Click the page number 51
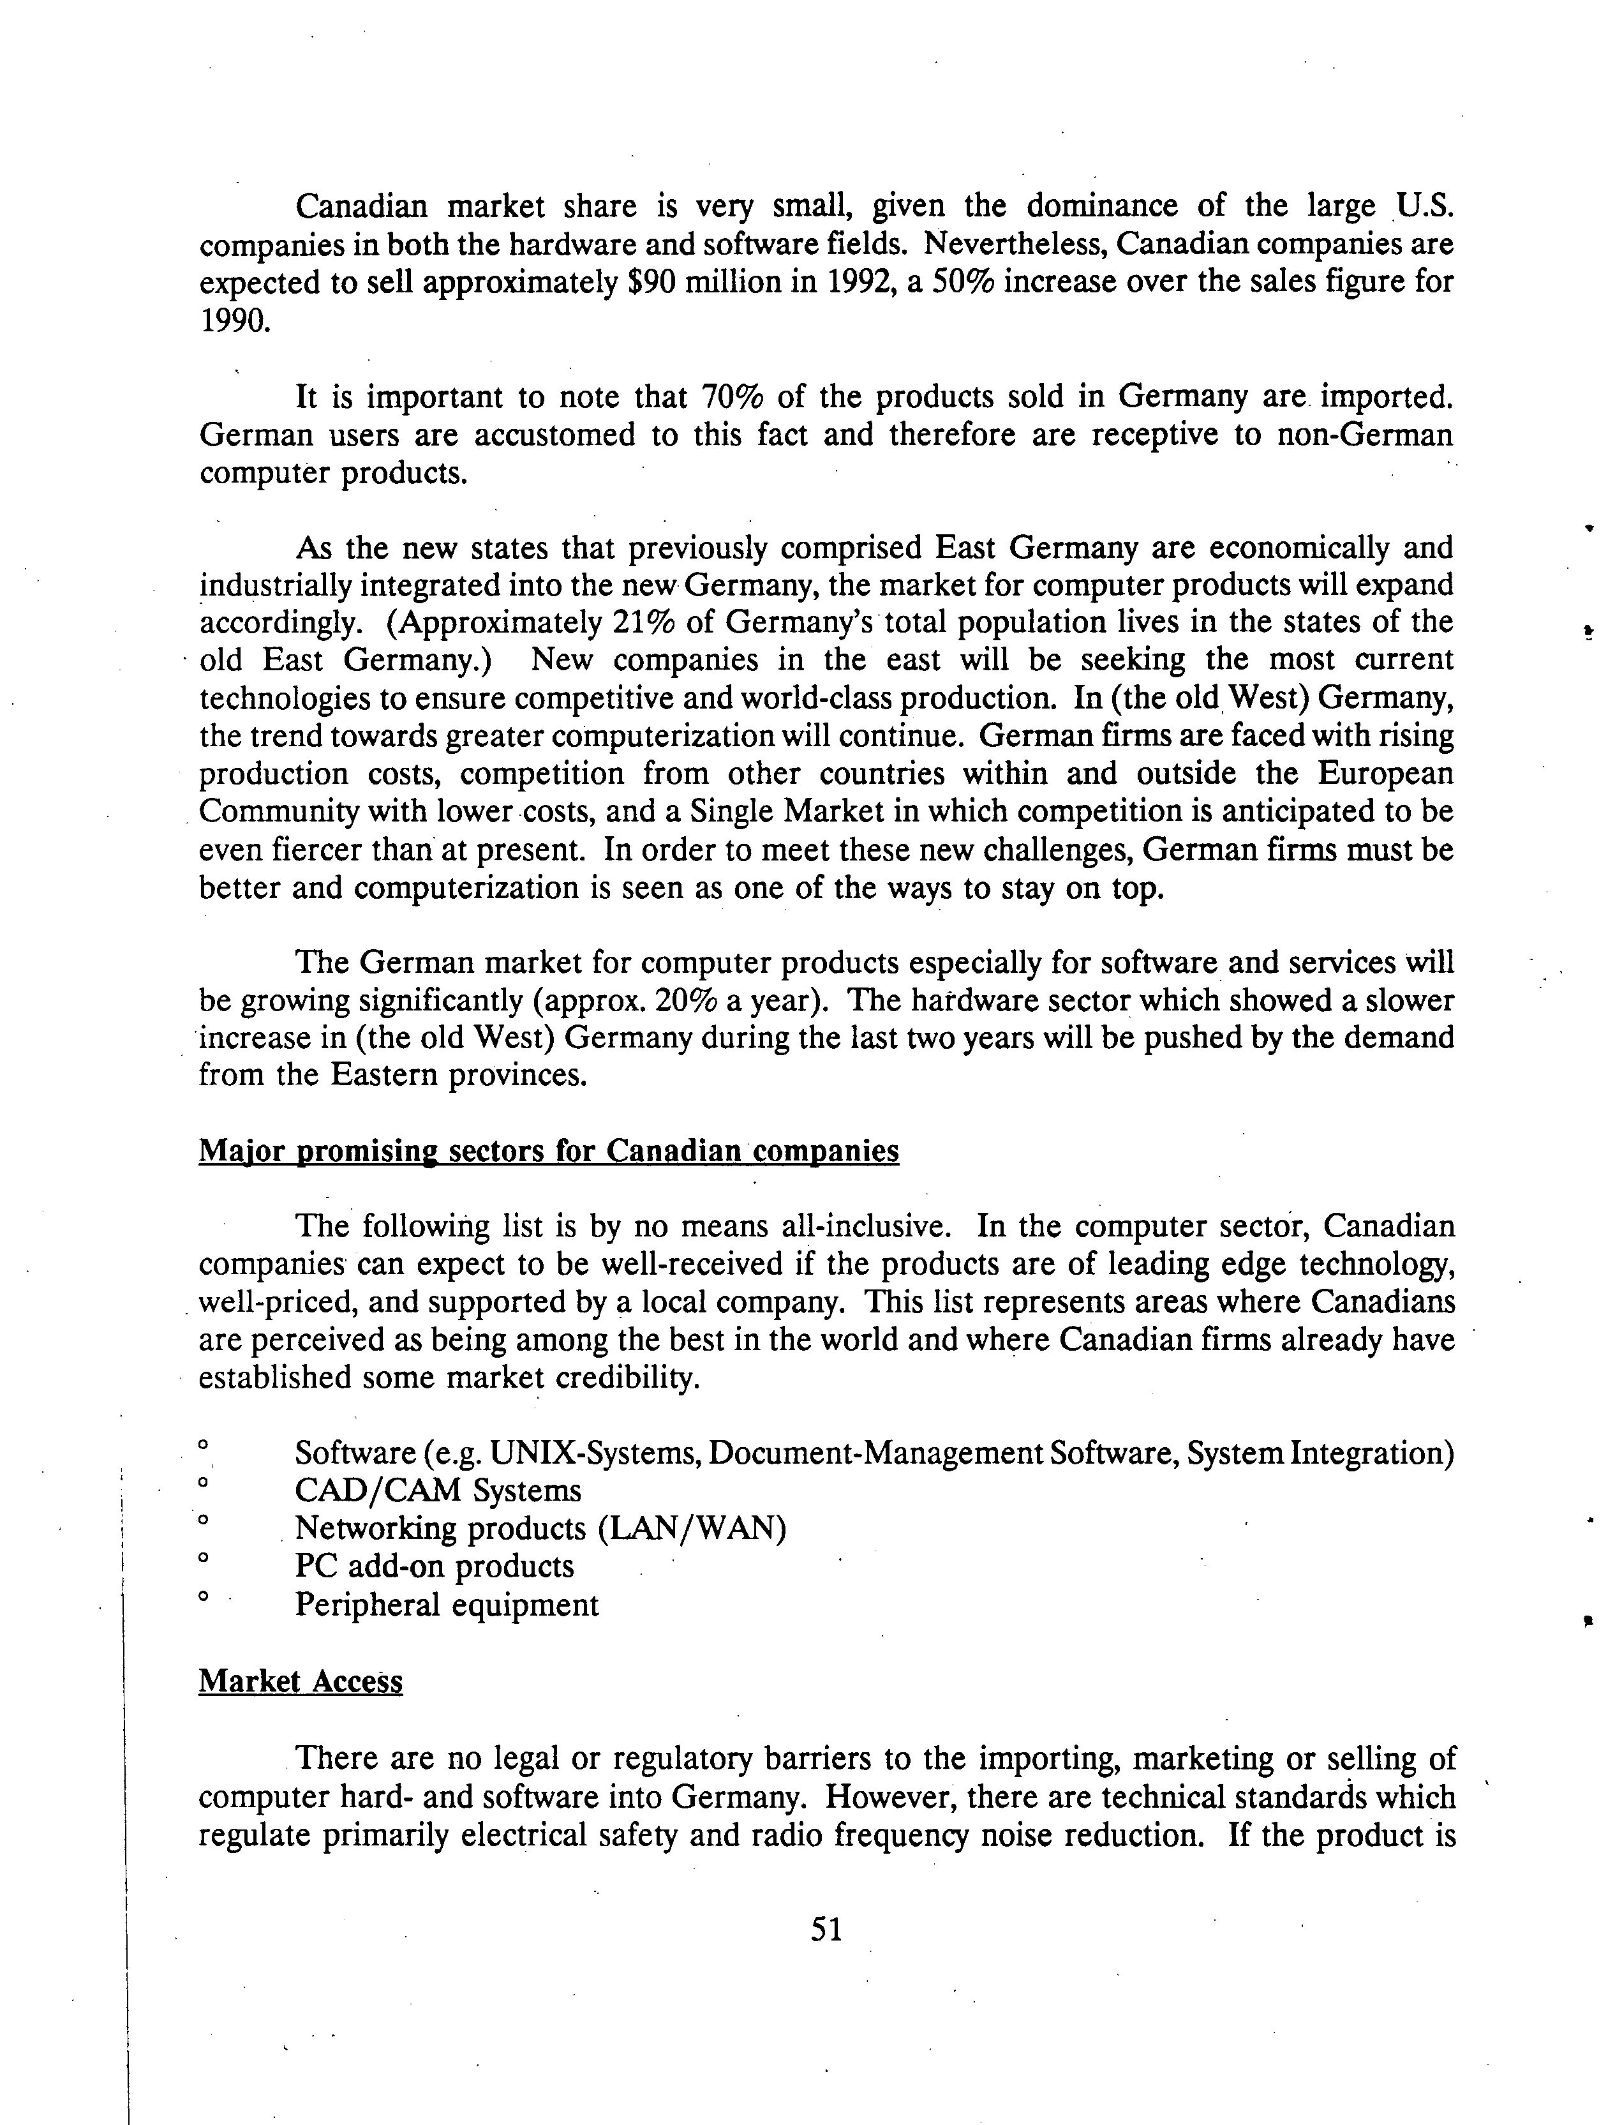coord(826,1929)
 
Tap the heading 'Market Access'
coord(301,1681)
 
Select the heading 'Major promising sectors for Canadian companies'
coord(548,1152)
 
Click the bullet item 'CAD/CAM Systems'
coord(437,1491)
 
